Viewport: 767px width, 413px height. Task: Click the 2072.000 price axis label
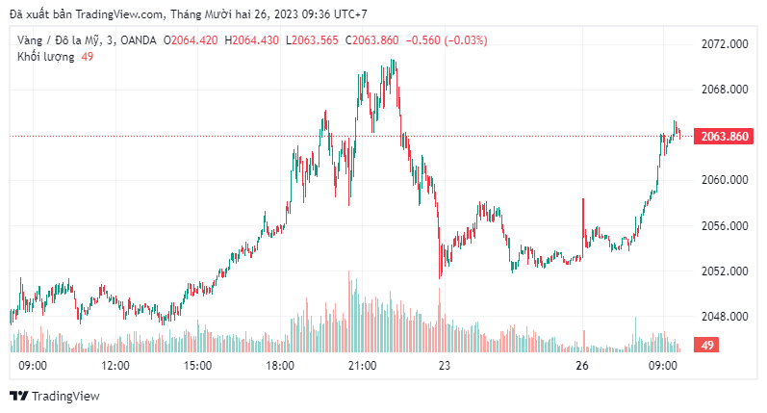726,44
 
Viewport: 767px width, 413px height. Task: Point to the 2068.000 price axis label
726,90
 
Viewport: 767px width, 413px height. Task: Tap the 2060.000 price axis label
726,180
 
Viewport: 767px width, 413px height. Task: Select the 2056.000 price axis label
726,226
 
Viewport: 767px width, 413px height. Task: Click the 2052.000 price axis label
726,271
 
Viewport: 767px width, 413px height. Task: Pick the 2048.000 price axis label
726,317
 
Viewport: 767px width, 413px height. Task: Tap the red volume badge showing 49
707,345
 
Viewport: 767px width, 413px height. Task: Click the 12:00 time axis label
115,367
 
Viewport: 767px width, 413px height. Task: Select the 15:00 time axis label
197,367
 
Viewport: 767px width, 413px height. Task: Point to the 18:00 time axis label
280,367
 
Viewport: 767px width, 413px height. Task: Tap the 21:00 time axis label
362,367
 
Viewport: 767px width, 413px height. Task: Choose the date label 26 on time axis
581,367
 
